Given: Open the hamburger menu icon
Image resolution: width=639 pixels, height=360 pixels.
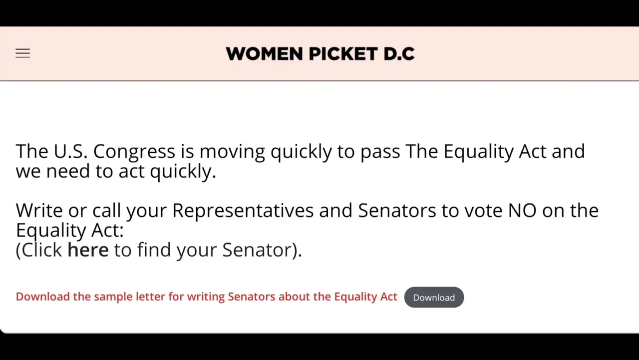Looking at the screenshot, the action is (22, 53).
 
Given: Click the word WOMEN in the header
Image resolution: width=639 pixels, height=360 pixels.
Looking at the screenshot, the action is (264, 53).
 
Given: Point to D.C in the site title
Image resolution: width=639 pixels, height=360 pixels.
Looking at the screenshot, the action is (399, 53).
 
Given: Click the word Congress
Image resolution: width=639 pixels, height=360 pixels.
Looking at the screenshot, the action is (134, 151).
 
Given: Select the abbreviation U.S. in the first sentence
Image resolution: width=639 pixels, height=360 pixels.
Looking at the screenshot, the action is (70, 151).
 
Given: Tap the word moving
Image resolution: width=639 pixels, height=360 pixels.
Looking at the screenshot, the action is (232, 151).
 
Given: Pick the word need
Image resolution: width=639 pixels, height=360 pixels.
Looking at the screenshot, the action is (68, 171).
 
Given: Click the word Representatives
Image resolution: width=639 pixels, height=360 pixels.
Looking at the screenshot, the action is (243, 211).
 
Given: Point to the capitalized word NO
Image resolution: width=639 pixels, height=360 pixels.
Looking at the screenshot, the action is (522, 210).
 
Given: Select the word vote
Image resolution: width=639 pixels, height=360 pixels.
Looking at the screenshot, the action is (483, 211).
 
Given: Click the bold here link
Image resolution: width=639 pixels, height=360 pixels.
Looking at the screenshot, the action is (88, 249).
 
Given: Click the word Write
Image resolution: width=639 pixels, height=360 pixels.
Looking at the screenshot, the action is (39, 210).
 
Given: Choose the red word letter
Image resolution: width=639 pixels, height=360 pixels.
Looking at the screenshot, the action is (150, 296).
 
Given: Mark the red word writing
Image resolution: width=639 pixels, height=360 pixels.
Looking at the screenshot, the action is (206, 297).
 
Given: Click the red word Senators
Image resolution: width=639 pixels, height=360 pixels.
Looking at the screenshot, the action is (252, 296).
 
